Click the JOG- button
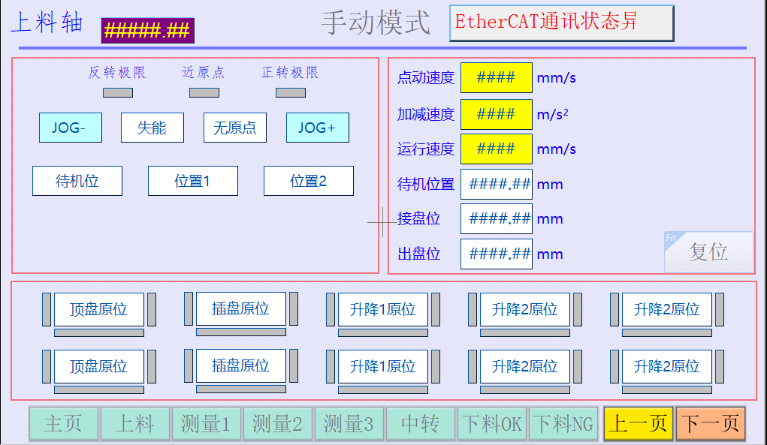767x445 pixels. pos(70,128)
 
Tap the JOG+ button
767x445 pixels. pos(317,128)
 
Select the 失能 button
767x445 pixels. pos(152,128)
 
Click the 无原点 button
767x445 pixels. pos(235,128)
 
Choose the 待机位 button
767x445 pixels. pos(77,181)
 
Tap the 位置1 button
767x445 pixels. pos(193,181)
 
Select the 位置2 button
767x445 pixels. pos(309,181)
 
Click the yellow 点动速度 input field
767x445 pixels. pos(496,77)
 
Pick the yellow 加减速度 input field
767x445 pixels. pos(496,114)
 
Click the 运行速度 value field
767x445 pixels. pos(496,149)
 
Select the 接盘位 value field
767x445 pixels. pos(496,218)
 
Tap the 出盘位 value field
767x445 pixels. pos(496,254)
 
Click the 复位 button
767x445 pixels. pos(709,252)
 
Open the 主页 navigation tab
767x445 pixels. pos(63,424)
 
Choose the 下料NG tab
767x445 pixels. pos(563,424)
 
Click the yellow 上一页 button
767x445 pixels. pos(639,424)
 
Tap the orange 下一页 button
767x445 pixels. pos(710,424)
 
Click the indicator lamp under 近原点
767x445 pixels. pos(204,93)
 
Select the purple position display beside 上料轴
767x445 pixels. pos(147,31)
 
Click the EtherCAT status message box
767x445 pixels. pos(561,23)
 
